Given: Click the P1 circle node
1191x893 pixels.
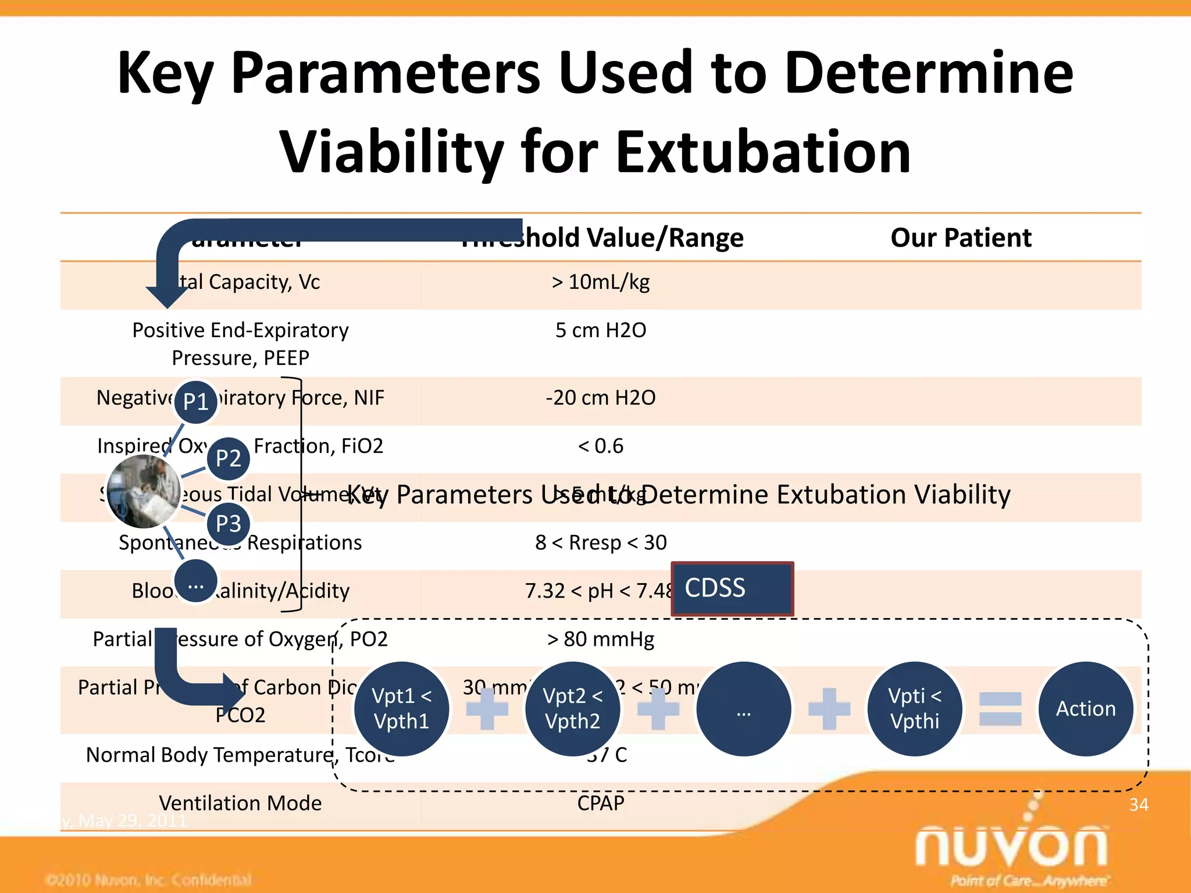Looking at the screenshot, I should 196,401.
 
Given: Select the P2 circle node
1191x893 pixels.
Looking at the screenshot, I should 229,458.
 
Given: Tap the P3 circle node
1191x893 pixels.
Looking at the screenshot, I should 229,523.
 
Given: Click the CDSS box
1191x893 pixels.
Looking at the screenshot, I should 732,588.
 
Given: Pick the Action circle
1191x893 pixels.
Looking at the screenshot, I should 1085,709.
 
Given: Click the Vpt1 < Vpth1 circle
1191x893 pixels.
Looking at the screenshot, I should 401,709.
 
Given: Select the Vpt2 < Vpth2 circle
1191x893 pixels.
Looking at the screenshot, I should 572,709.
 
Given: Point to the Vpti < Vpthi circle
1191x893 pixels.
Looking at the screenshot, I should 914,709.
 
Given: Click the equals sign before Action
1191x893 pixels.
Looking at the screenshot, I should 1000,709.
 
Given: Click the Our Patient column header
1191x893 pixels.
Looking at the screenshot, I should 961,238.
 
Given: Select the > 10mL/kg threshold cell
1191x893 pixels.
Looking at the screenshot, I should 601,282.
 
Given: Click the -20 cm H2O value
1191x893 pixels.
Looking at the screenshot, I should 601,398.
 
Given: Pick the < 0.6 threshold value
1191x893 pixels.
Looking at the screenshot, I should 601,446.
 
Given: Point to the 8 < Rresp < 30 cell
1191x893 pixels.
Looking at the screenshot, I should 601,542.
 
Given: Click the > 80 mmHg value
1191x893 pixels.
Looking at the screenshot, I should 601,639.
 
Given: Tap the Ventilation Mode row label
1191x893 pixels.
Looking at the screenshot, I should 240,803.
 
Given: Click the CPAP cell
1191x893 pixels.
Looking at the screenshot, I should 601,803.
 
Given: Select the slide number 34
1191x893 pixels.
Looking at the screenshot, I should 1138,805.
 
